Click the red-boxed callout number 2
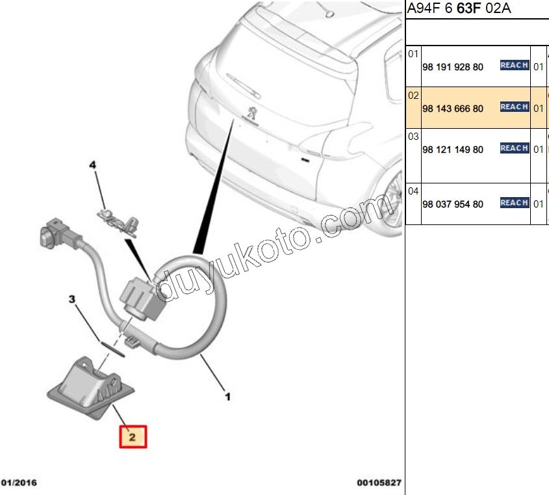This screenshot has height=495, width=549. point(132,436)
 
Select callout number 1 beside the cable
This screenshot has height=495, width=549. point(227,395)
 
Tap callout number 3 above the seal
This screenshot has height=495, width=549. point(73,300)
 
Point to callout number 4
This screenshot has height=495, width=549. point(92,166)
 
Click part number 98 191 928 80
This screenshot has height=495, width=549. point(453,66)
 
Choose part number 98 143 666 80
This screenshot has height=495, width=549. point(453,109)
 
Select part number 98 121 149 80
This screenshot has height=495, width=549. point(453,150)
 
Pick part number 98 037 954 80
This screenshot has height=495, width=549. point(453,204)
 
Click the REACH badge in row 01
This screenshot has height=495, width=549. point(514,65)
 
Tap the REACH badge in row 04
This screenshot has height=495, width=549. point(514,203)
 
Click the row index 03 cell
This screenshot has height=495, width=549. point(413,137)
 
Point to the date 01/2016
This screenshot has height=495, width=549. point(19,483)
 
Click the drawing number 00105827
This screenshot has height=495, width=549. point(378,483)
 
